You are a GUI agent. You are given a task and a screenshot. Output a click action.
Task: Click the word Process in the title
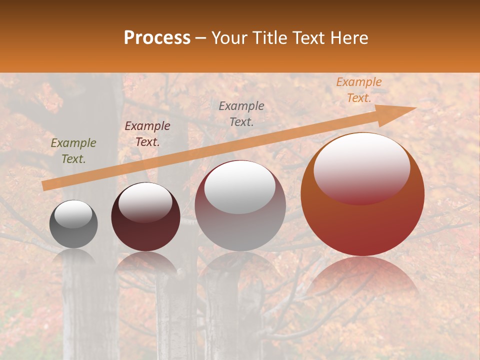click(x=157, y=38)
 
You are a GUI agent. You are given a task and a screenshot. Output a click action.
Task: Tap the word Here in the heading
click(x=349, y=38)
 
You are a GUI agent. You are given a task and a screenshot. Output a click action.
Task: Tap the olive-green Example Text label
click(x=73, y=151)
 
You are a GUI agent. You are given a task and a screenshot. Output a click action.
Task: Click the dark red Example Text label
click(x=147, y=133)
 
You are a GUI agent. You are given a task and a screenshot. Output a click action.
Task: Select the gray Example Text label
click(x=241, y=113)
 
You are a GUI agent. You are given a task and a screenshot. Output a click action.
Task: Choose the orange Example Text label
click(x=359, y=90)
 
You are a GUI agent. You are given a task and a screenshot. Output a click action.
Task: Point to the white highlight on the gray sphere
click(x=73, y=214)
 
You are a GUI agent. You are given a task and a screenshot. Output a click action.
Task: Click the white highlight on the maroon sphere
click(x=145, y=202)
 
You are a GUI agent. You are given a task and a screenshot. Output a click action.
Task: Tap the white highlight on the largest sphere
click(x=361, y=167)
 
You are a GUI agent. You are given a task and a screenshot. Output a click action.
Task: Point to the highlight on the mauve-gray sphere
click(x=240, y=187)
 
